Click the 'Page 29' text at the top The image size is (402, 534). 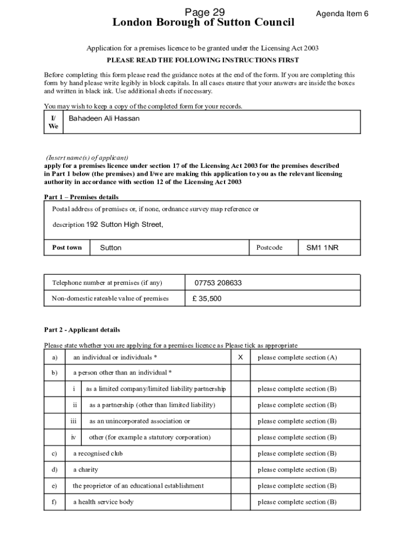point(203,12)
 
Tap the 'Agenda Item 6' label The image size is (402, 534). point(342,14)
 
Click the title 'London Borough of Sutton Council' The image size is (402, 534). point(203,23)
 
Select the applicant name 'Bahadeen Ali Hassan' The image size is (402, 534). point(104,118)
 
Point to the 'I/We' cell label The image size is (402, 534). point(53,122)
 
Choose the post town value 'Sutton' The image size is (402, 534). point(110,248)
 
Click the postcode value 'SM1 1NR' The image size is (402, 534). point(322,248)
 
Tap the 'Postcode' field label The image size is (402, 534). point(269,248)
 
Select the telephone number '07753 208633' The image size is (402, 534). point(218,283)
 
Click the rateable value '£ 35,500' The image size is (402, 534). point(207,299)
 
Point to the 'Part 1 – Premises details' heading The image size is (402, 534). point(81,197)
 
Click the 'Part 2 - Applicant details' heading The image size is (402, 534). point(82,330)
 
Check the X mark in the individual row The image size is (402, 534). point(240,357)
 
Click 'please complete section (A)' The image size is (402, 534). point(297,358)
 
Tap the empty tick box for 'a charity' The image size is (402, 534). point(240,470)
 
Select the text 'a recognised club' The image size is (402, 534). point(98,454)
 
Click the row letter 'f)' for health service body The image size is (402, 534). point(54,502)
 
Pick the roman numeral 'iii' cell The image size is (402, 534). point(74,421)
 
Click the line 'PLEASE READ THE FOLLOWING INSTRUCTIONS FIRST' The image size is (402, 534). point(203,60)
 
